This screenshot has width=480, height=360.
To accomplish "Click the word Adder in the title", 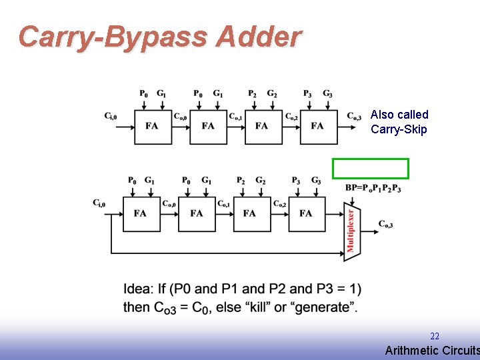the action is [x=259, y=37].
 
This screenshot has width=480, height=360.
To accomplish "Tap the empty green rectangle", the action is [x=371, y=169].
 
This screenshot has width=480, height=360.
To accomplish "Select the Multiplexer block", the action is [x=351, y=231].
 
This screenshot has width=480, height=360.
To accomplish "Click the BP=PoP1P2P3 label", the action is [x=373, y=189].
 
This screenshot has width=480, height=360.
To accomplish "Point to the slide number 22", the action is [x=434, y=336].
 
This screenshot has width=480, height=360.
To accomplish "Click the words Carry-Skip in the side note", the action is [x=399, y=129].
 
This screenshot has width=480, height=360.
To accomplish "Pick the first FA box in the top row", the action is [x=152, y=125].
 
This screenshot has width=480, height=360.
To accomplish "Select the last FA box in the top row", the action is [x=317, y=125].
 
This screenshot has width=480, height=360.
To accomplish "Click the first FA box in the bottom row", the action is [x=140, y=213].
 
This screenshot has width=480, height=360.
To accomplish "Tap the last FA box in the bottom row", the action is [x=305, y=213].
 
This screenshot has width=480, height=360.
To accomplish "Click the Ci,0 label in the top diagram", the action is [x=111, y=116].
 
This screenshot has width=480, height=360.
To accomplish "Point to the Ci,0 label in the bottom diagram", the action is [x=99, y=203].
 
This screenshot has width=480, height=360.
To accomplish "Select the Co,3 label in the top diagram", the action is [x=354, y=116].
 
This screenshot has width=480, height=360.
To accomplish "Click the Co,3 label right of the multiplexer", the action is [x=385, y=224].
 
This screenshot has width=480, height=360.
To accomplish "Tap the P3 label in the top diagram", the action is [x=307, y=94].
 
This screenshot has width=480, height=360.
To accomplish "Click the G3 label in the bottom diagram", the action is [x=316, y=181].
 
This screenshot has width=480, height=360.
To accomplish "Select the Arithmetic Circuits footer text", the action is [x=432, y=351].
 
